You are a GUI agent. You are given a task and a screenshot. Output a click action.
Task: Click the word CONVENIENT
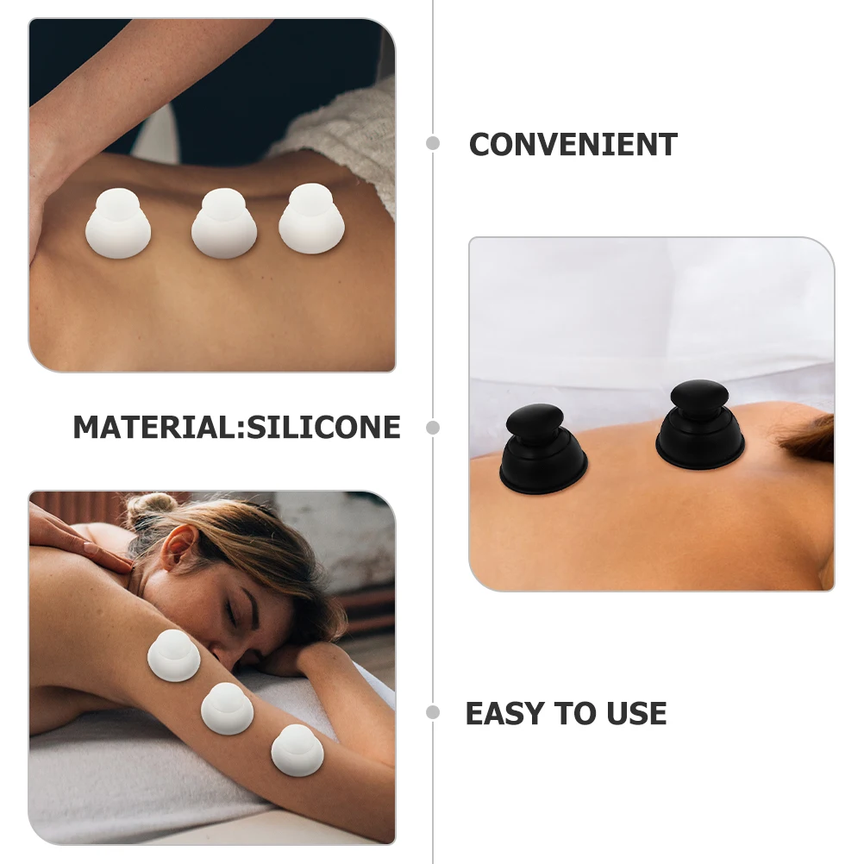[x=573, y=145]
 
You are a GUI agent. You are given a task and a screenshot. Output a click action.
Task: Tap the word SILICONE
[x=324, y=428]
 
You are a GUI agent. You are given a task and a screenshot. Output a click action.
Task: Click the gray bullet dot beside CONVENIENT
[x=433, y=143]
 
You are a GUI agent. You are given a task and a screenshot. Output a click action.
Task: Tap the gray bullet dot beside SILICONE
[x=433, y=427]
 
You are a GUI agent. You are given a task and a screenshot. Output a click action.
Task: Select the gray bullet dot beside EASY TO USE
[x=433, y=712]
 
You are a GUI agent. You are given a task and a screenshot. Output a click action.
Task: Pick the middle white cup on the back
[x=224, y=224]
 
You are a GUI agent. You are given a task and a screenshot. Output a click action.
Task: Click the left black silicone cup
[x=542, y=451]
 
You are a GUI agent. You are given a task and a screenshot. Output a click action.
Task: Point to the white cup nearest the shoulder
[x=173, y=655]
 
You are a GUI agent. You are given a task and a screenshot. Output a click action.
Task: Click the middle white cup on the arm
[x=227, y=709]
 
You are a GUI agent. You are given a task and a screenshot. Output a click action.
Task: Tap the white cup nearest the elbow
[x=297, y=749]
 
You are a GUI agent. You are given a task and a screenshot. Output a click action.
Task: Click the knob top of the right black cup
[x=699, y=396]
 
